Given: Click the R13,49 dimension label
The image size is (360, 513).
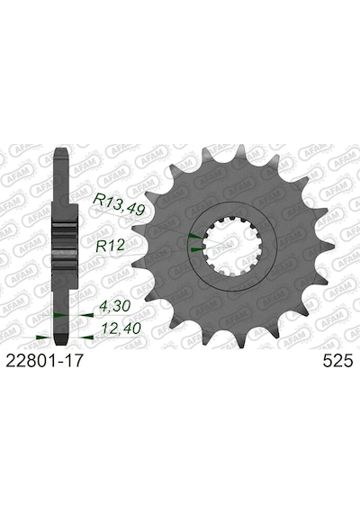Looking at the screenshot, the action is (119, 205).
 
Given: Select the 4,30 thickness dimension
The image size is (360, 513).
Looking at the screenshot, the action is (114, 307).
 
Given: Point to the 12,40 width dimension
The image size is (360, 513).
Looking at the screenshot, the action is (121, 328).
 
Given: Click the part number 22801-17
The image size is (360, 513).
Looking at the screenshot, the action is (43, 362).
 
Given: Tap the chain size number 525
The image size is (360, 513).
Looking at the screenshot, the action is (337, 362).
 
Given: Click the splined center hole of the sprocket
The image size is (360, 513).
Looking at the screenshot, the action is (231, 246).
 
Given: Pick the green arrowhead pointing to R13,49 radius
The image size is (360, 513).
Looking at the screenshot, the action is (195, 235).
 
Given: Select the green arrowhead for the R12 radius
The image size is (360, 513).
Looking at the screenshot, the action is (197, 249).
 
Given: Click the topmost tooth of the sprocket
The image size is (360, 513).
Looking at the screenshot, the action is (240, 151).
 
